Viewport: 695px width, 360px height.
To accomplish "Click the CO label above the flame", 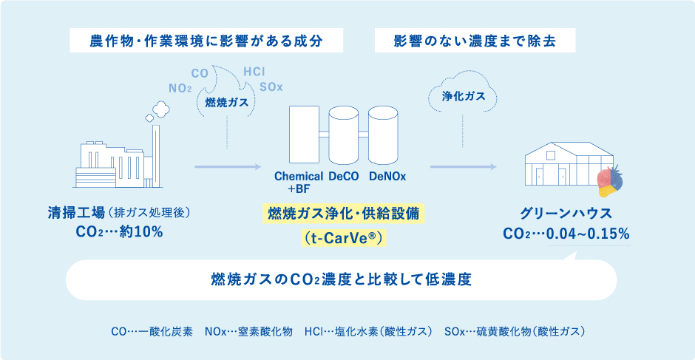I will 200,73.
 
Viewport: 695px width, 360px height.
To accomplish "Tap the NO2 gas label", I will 180,88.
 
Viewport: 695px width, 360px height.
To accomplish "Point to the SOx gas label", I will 271,87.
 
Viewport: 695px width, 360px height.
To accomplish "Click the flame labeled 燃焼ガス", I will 226,100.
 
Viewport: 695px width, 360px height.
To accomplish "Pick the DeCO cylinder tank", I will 343,136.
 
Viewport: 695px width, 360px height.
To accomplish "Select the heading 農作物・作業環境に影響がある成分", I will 206,41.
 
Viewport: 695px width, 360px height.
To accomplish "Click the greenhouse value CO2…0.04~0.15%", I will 566,234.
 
